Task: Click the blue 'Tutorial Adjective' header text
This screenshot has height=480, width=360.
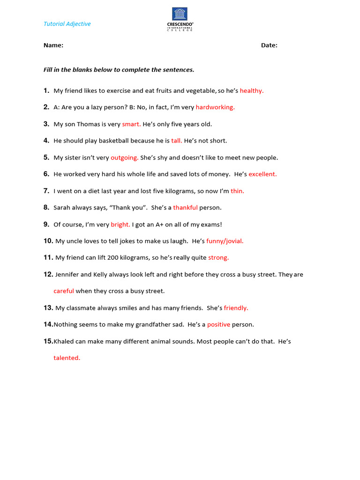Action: click(67, 24)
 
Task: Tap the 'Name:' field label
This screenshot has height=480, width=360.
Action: click(53, 45)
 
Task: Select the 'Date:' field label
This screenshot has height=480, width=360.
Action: click(269, 45)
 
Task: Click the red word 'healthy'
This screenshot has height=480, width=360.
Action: click(251, 91)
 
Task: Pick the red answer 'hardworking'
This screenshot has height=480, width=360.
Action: click(215, 107)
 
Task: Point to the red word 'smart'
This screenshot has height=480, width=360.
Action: click(131, 124)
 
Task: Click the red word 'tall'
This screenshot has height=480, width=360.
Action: click(176, 141)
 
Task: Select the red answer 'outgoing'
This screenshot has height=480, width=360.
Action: click(124, 157)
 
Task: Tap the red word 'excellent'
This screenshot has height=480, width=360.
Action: click(262, 174)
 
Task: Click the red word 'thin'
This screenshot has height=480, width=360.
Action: click(237, 191)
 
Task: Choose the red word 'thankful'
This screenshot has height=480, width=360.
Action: click(185, 208)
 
